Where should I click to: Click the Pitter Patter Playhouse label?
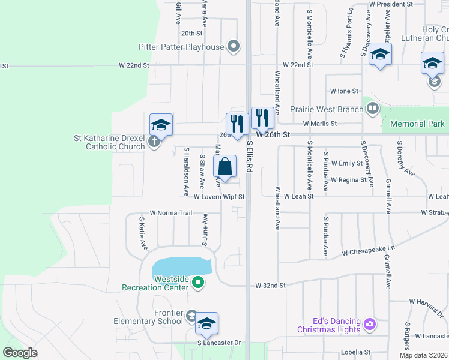coord(189,46)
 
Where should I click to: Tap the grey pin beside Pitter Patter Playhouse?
coord(234,46)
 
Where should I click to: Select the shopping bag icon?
coord(224,166)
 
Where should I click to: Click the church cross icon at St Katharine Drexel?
coord(154,142)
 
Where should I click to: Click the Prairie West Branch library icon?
coord(373,109)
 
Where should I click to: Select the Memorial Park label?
coord(417,124)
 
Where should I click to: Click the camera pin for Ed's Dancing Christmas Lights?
coord(369,324)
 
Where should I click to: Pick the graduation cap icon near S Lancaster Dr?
coord(206,323)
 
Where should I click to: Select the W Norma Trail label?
coord(170,212)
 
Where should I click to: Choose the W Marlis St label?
coord(320,124)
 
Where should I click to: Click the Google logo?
coord(19,353)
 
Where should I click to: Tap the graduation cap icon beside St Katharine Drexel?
coord(161,124)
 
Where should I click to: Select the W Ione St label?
coord(344,91)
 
